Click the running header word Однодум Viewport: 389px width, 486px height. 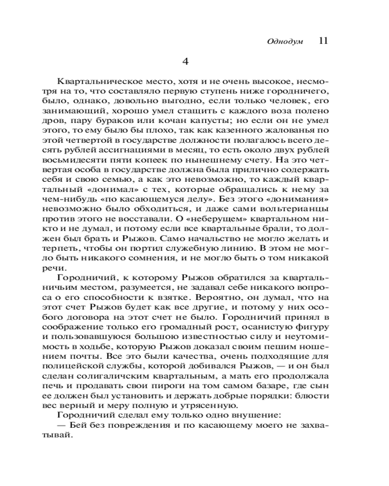click(x=285, y=42)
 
